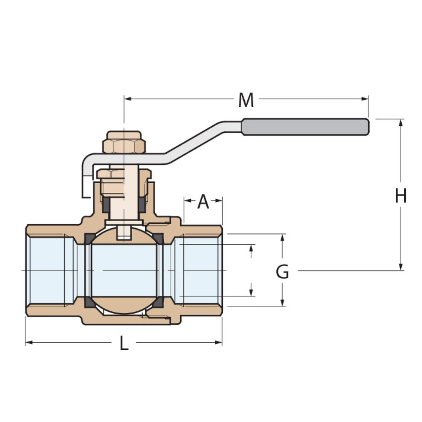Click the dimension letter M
point(246,100)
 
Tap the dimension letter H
point(400,196)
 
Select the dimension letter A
point(203,202)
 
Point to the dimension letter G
point(282,272)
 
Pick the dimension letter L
point(123,344)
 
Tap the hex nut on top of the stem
point(124,143)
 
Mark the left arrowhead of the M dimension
point(127,99)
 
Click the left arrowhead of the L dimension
point(29,342)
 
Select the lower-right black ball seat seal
point(159,302)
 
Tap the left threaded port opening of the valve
point(44,270)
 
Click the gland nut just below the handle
point(124,174)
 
